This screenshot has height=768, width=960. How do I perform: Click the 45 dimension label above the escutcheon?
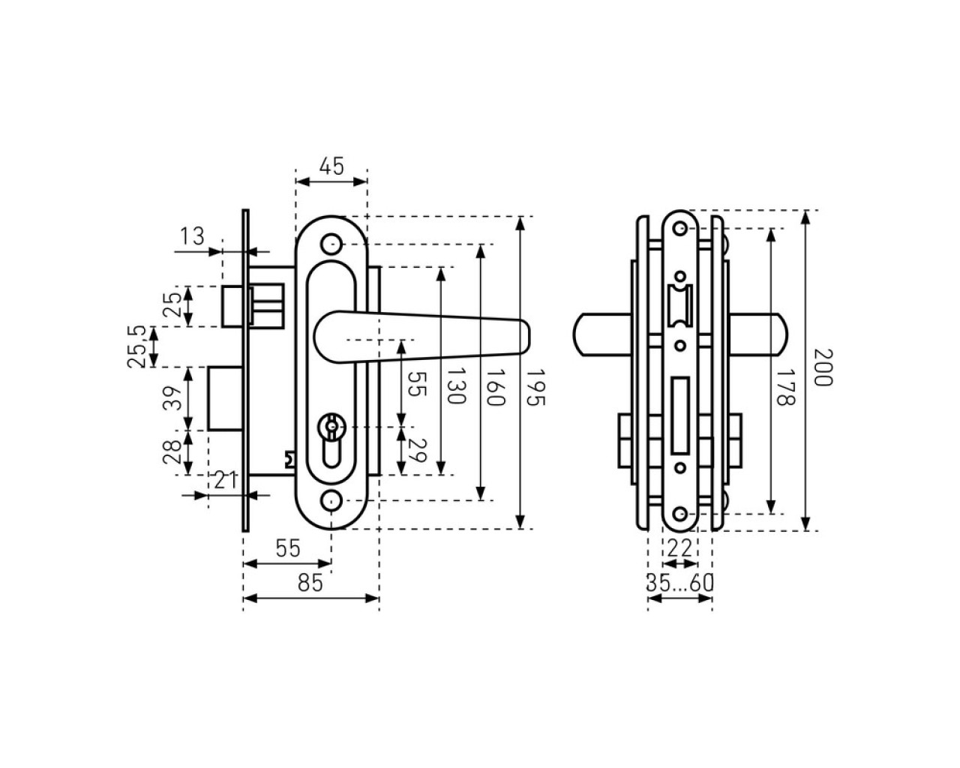(331, 166)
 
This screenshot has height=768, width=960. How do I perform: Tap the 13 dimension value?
(192, 236)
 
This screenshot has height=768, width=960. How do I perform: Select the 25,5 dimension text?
(136, 346)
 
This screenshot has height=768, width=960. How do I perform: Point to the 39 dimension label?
(172, 398)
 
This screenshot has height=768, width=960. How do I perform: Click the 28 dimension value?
(172, 452)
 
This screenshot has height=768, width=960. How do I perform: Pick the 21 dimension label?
(225, 481)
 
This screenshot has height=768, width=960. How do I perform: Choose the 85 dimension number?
(310, 583)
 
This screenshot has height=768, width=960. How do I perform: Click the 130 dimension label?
(456, 385)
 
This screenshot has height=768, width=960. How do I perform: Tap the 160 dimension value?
(495, 387)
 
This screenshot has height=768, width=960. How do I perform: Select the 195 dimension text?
(535, 387)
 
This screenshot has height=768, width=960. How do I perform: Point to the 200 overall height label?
(823, 367)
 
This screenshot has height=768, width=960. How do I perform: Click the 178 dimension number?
(785, 387)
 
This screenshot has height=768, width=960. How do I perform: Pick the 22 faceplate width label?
(679, 548)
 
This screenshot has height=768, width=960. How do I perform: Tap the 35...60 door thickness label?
(679, 583)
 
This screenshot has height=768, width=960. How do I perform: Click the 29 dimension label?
(418, 451)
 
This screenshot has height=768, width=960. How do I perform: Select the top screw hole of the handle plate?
(331, 244)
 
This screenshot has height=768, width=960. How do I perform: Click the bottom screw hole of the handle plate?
(331, 501)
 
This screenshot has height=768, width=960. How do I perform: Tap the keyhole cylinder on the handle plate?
(331, 440)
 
